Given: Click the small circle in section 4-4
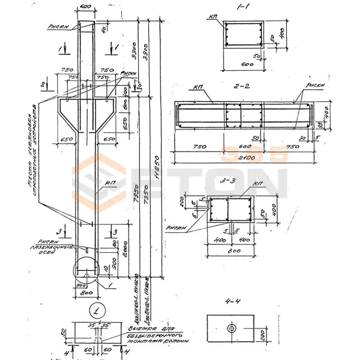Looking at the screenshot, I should click(231, 328).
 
